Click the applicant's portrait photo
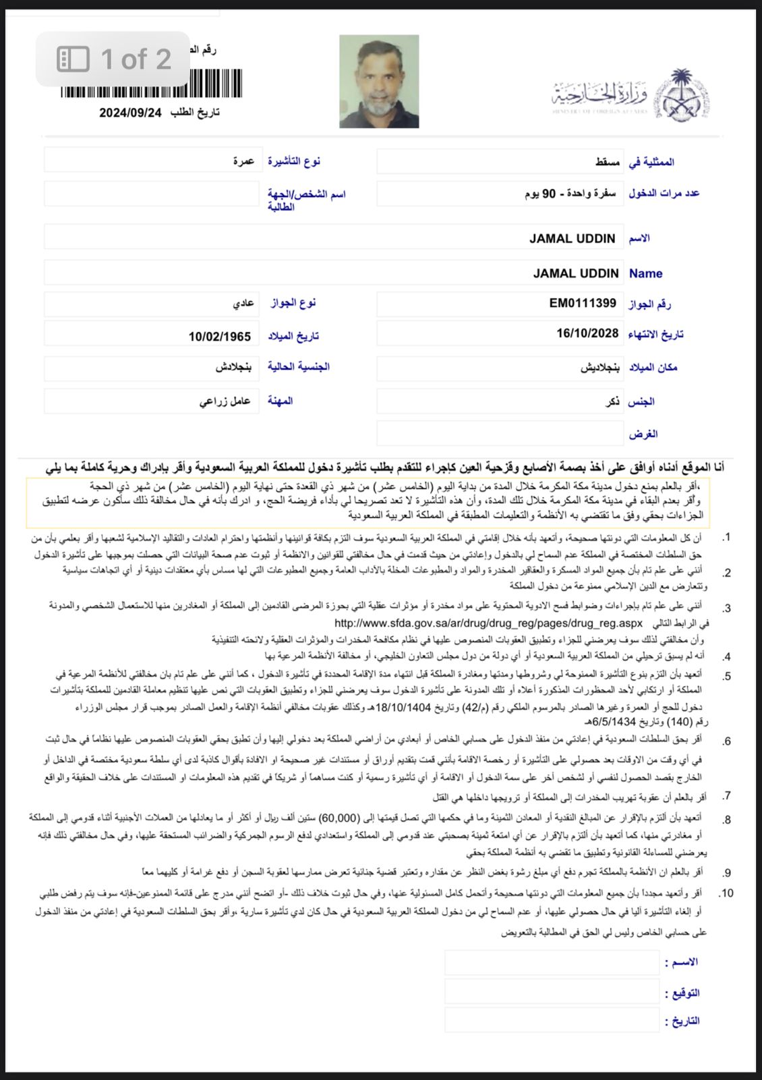pos(379,82)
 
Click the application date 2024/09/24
pos(131,113)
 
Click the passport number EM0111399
pos(583,304)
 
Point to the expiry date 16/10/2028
pos(587,333)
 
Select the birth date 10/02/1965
pos(220,336)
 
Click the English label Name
pos(645,274)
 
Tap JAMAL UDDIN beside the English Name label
pos(576,273)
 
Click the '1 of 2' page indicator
pos(136,59)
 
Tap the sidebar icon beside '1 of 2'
pos(73,59)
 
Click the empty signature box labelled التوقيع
pos(551,992)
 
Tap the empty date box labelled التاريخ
pos(551,1020)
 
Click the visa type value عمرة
pos(243,161)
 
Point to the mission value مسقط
pos(608,162)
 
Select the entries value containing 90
pos(570,194)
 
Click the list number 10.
pos(726,893)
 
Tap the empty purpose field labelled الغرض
pos(500,433)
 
